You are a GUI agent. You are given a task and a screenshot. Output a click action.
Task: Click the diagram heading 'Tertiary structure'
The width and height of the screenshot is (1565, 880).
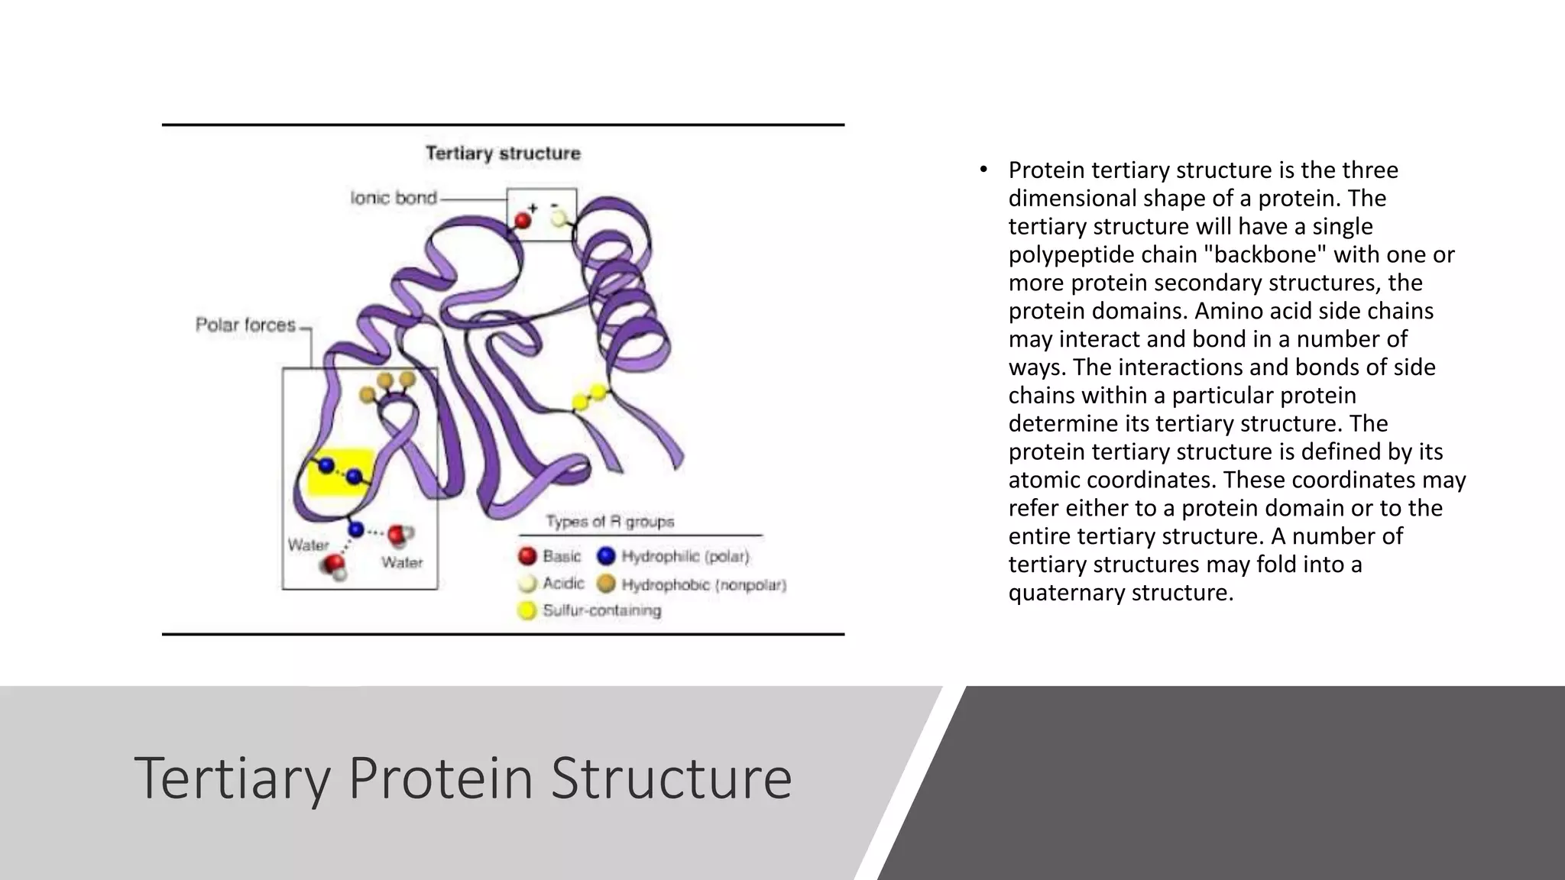503,154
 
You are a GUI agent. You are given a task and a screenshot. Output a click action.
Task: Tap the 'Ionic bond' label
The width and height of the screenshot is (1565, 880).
394,199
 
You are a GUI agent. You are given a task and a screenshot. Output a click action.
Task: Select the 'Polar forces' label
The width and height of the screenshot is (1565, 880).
245,325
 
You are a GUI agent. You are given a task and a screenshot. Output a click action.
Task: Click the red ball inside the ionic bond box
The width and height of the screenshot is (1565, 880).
523,221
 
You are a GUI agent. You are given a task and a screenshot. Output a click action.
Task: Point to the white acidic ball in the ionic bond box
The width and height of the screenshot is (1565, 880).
559,218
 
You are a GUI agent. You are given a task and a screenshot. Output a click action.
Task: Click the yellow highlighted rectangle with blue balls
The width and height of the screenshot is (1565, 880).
340,472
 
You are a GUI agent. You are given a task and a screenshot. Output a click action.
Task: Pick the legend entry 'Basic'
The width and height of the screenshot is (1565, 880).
561,556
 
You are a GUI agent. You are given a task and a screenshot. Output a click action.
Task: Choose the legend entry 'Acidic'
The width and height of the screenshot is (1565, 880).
562,584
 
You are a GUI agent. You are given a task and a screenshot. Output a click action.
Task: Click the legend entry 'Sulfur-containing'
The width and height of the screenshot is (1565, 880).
601,610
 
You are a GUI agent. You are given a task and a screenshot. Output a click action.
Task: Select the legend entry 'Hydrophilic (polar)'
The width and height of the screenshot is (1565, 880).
685,556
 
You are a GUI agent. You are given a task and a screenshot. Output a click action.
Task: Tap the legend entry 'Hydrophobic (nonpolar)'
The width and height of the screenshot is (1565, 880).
703,585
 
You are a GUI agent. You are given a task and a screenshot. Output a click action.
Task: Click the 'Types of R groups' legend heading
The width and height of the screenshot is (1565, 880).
610,522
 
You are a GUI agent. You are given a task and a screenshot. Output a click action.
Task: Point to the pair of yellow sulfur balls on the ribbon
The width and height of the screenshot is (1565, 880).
589,397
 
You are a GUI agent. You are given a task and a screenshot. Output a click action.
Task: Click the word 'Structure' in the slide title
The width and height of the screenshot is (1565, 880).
671,778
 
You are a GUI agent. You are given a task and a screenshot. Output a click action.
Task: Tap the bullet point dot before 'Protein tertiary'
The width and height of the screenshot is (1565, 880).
984,170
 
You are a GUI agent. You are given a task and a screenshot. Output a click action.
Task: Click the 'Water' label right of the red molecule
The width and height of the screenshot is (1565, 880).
402,563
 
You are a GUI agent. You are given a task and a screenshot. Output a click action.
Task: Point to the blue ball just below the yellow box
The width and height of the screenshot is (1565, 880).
356,529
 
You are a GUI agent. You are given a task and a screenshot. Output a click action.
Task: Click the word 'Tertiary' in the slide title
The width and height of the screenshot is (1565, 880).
232,778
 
